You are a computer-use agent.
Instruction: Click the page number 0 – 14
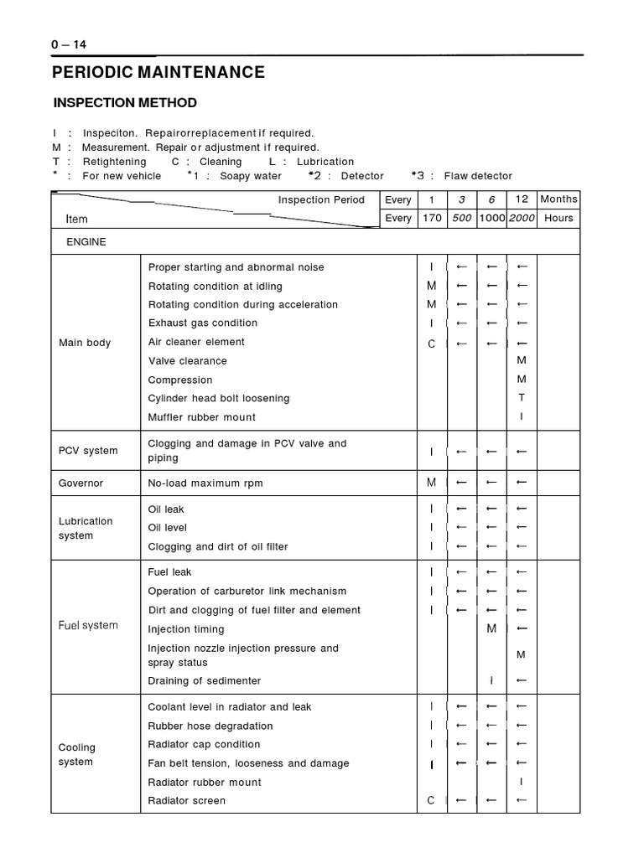70,44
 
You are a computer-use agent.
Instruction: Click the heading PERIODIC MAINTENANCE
158,72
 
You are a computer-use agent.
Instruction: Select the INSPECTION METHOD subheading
125,103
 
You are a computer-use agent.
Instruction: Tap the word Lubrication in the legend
325,162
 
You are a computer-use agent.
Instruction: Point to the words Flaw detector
478,176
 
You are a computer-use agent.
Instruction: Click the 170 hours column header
432,218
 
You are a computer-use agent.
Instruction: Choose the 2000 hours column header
522,218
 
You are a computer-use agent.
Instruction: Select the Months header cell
558,199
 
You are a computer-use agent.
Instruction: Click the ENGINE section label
86,241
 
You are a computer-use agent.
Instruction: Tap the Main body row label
85,343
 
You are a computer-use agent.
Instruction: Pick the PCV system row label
88,451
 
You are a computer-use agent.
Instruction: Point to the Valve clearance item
188,361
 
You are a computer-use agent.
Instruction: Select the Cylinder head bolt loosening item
219,399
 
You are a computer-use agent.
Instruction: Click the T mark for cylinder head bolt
522,399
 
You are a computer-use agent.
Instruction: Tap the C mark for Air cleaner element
432,344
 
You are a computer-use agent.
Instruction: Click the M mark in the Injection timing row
491,629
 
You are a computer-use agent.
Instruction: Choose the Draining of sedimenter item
205,680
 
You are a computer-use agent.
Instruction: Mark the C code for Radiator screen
431,801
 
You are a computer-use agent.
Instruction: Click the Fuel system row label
88,625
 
